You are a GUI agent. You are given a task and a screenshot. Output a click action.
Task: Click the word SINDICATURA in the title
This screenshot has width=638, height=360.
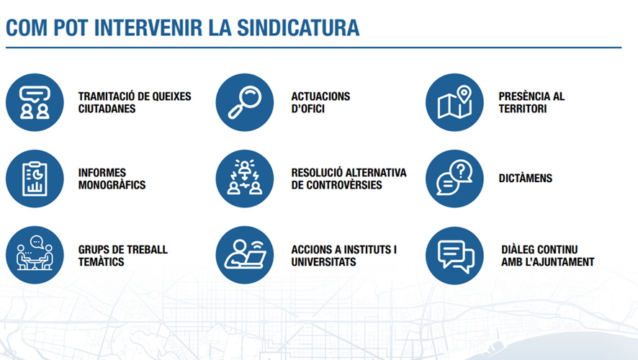coord(298,27)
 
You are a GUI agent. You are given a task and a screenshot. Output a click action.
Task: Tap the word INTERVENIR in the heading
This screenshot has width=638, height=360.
coord(148,27)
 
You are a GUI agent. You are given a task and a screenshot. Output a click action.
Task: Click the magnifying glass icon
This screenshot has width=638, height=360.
coord(245,102)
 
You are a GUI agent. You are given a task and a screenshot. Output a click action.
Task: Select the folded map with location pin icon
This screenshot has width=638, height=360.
coord(454,102)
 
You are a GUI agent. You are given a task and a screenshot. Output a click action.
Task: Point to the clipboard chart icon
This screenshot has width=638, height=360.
coord(35,179)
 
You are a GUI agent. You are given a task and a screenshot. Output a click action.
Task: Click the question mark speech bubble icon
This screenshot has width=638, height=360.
coord(454,179)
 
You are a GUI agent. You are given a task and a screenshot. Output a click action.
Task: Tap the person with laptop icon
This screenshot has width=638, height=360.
coord(245,255)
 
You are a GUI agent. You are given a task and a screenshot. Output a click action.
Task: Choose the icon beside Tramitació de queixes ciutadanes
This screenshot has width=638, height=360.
coord(35,102)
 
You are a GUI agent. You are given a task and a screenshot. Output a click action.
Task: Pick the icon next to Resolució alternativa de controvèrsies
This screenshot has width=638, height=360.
coord(245,179)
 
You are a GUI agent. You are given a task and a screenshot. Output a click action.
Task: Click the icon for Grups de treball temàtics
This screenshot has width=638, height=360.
coord(35,255)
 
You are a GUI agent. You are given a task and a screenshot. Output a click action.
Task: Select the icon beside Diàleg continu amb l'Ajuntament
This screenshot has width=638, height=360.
coord(454,256)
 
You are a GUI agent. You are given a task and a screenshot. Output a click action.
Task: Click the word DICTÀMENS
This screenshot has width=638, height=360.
coord(525,178)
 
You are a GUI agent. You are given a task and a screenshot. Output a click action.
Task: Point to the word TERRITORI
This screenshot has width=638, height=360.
coord(523,109)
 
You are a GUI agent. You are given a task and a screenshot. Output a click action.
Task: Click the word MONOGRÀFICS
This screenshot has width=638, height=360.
coord(112,185)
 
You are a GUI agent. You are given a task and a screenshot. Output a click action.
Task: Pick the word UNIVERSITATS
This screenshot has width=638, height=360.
coord(323,262)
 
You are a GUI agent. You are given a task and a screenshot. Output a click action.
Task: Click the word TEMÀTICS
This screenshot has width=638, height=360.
coord(101,262)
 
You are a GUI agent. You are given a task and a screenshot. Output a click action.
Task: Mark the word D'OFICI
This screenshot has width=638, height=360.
coord(307,109)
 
